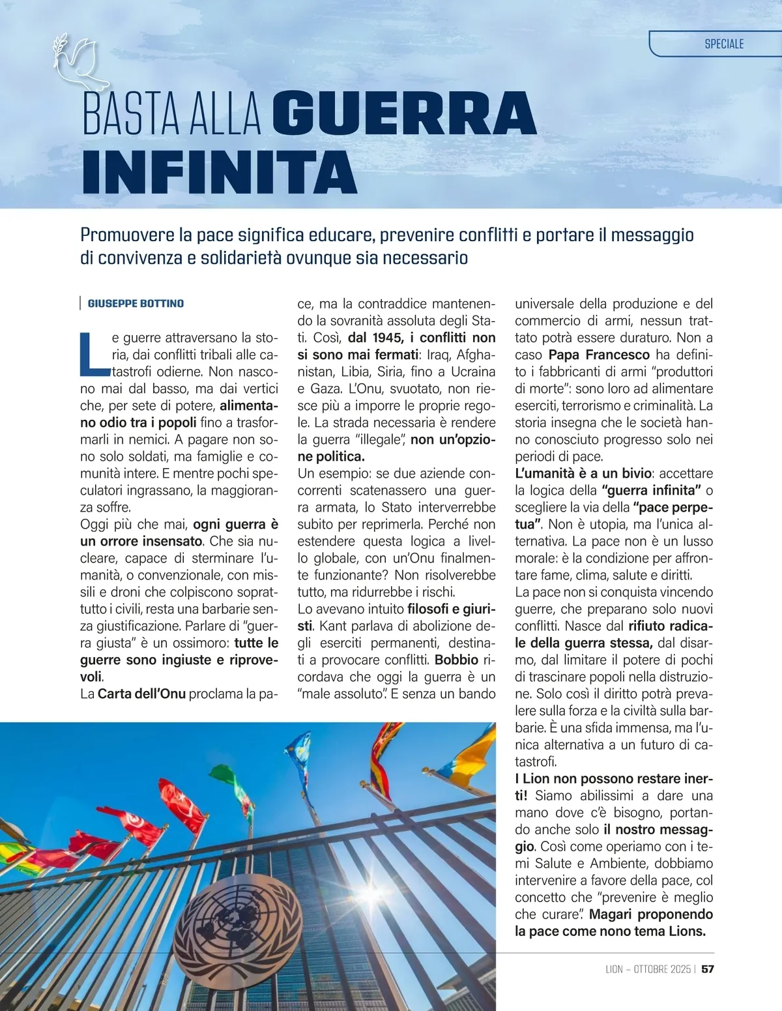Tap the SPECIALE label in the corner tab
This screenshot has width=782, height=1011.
pos(724,44)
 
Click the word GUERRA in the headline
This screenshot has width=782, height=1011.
pos(404,114)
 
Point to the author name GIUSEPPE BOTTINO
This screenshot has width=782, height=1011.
pos(136,304)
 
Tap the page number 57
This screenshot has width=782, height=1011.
pos(708,969)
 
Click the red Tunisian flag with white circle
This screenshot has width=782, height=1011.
pos(138,825)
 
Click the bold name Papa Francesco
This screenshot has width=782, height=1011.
pos(599,355)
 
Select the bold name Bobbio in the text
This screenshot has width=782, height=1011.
pos(456,660)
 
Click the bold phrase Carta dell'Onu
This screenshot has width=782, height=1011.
pos(141,694)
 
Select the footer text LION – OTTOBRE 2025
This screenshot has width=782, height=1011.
pos(648,969)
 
